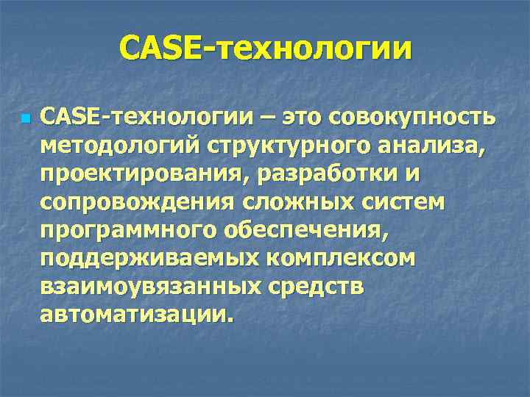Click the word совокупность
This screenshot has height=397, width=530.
(414, 117)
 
